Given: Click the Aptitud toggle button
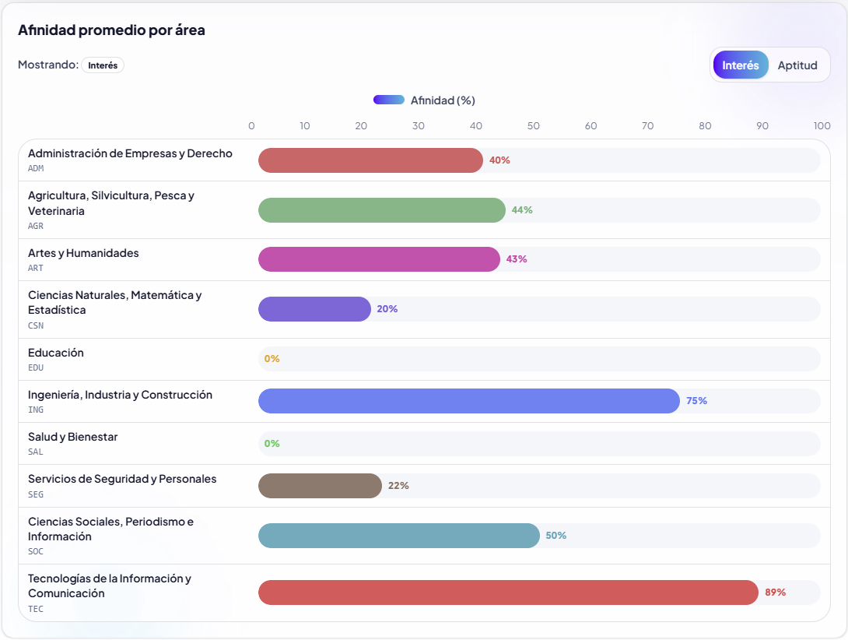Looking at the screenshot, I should (x=797, y=65).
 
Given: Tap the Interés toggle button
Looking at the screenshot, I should (x=740, y=65).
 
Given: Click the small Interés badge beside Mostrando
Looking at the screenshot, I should (x=103, y=65).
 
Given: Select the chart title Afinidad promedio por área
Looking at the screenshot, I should (x=111, y=30).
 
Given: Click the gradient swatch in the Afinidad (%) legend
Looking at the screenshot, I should (x=388, y=100).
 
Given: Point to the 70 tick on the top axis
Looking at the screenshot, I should (x=648, y=126).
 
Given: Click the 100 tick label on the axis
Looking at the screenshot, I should (x=822, y=126).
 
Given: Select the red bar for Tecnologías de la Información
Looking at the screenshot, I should (x=508, y=593).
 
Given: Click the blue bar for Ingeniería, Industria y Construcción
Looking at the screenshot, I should (x=469, y=401).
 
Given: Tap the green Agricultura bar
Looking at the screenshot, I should (x=382, y=210).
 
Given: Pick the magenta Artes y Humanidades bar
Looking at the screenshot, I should (x=379, y=259).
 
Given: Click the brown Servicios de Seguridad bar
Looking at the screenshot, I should (x=320, y=486).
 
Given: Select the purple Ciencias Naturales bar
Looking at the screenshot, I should (x=314, y=309).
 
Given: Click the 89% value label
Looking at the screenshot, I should (x=775, y=593).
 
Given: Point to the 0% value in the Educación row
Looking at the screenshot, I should (x=272, y=359).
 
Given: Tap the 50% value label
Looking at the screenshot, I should (x=555, y=536).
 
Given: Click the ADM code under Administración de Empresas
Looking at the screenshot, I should (x=36, y=168).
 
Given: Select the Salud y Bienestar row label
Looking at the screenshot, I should (x=72, y=437).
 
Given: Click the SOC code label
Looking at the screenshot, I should (x=36, y=551).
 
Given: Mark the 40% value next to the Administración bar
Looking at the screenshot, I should (x=499, y=160).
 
